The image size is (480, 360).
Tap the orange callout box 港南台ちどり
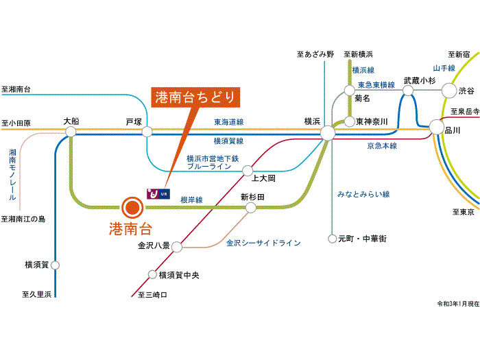coord(195,98)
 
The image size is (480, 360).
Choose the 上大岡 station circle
coord(248,169)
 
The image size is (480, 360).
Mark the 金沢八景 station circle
coord(176,245)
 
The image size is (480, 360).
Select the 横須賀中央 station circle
coord(153,275)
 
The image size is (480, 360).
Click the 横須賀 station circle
coord(56,265)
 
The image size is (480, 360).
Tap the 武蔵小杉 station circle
coord(409,90)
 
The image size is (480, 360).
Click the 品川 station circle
coord(436,127)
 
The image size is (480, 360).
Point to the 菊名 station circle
coord(350,90)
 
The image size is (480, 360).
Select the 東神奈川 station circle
coord(350,121)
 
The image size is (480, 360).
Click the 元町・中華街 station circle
coord(332,239)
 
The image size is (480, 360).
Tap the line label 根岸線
coord(191,200)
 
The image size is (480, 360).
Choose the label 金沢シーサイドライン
coord(263,243)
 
